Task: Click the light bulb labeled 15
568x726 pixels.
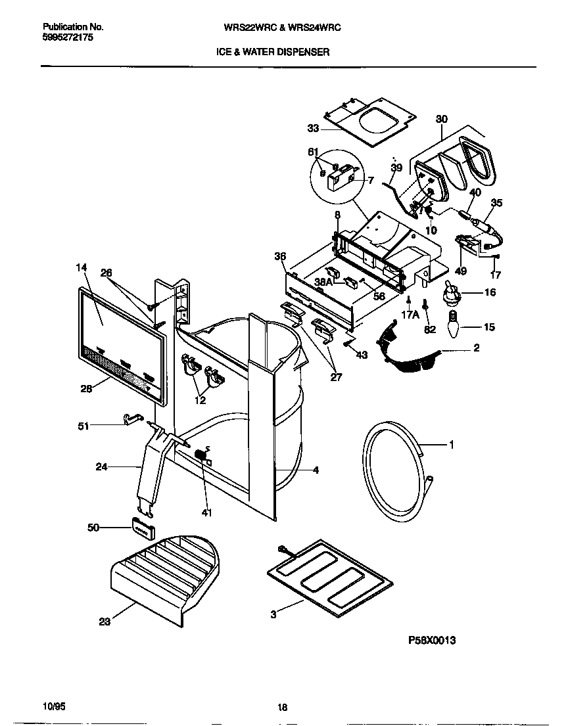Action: pyautogui.click(x=452, y=323)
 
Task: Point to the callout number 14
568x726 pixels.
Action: pyautogui.click(x=82, y=267)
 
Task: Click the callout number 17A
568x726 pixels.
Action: pyautogui.click(x=410, y=315)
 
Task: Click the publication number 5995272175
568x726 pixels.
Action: pyautogui.click(x=68, y=38)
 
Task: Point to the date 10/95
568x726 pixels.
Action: pyautogui.click(x=53, y=706)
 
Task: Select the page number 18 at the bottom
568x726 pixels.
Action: pyautogui.click(x=283, y=708)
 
